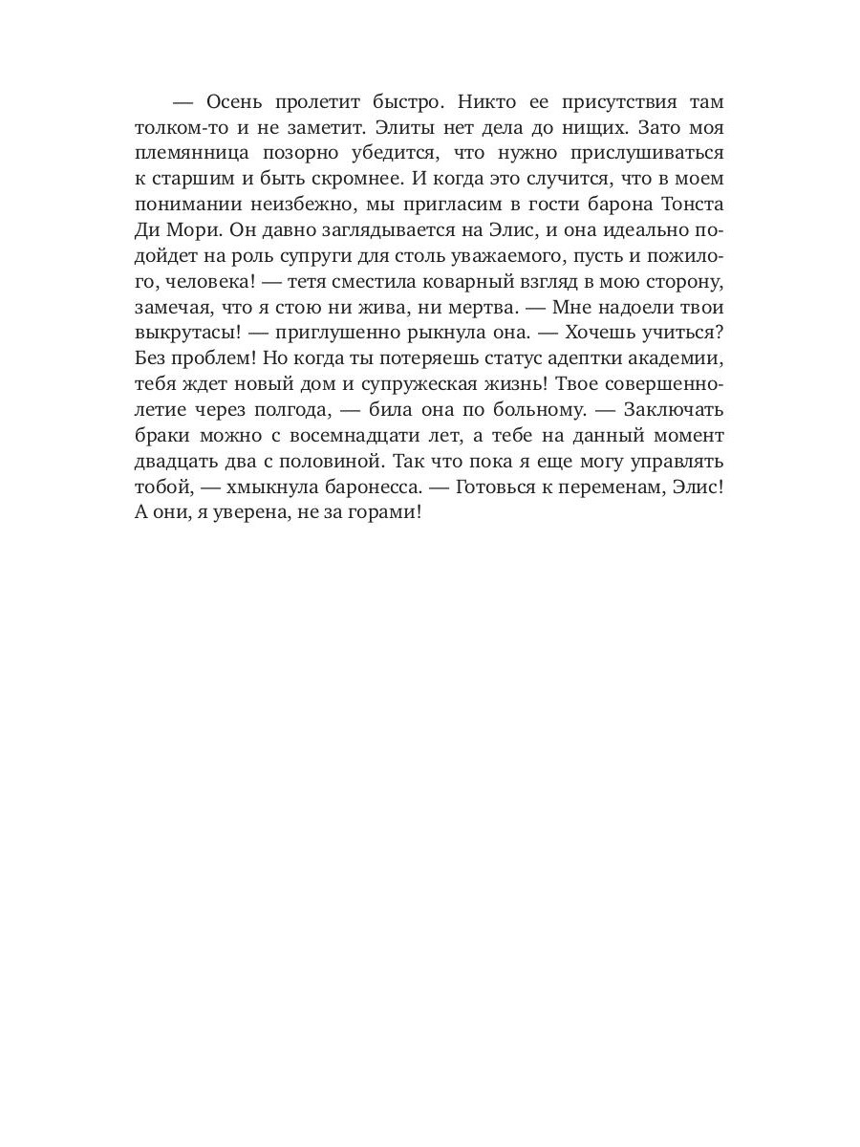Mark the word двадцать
point(176,461)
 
